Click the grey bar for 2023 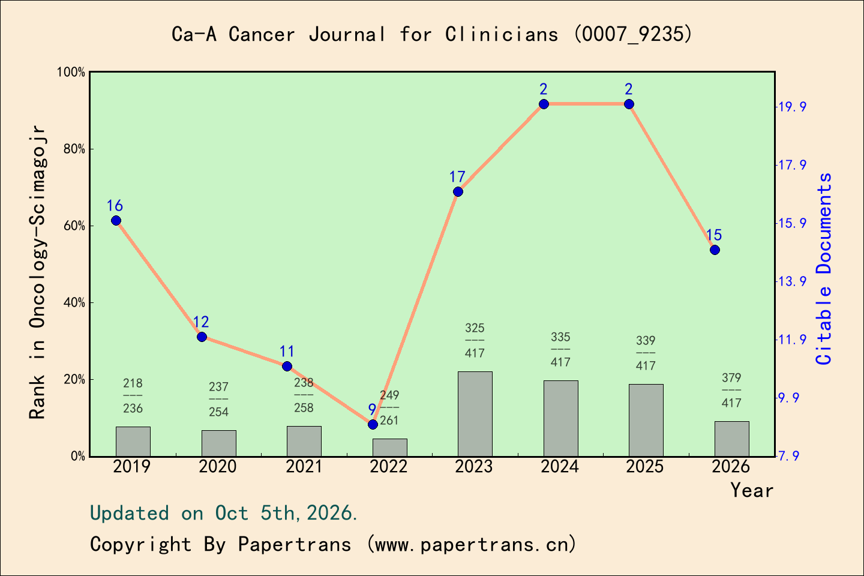coord(475,414)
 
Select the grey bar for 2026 coord(732,439)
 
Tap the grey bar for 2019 coord(133,442)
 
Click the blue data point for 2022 coord(373,424)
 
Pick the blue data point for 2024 coord(544,104)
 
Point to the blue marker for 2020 coord(202,337)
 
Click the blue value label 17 coord(457,177)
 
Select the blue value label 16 coord(115,206)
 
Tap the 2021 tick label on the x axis coord(304,467)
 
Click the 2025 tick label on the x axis coord(645,467)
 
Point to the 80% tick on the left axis coord(74,149)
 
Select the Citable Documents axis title coord(824,269)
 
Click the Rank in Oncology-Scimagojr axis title coord(38,272)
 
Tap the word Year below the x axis coord(752,491)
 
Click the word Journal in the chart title coord(347,34)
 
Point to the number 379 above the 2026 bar coord(732,377)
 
